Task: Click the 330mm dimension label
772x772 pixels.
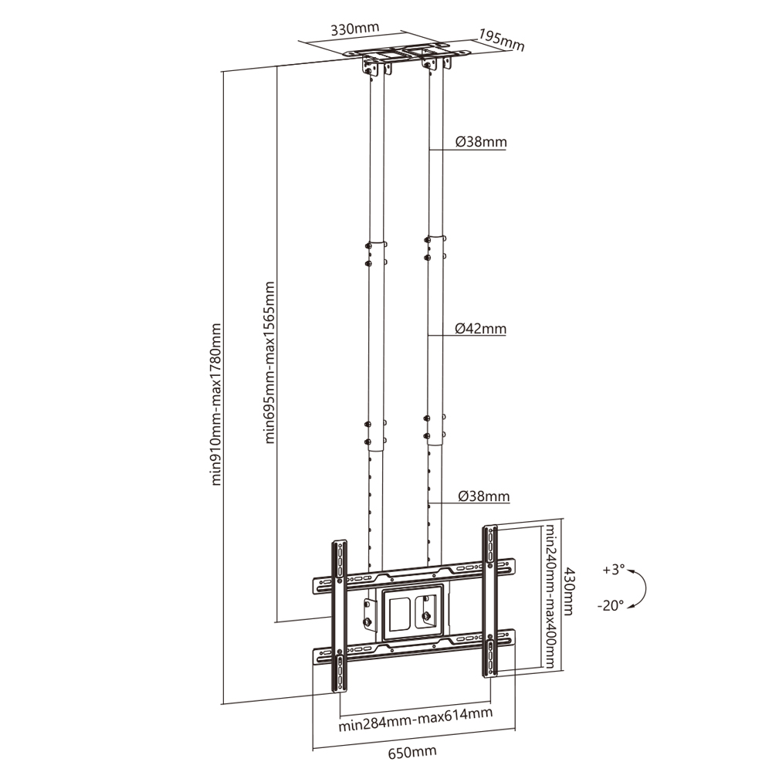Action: [x=354, y=29]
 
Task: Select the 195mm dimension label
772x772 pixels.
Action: [x=501, y=40]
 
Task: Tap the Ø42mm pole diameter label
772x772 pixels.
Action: [x=480, y=328]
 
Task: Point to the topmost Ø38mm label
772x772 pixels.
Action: [x=481, y=142]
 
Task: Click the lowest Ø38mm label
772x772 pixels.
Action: [x=483, y=496]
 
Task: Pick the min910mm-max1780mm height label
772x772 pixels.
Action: [x=215, y=405]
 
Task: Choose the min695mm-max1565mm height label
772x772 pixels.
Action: [x=269, y=362]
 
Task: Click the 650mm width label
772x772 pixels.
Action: [x=412, y=752]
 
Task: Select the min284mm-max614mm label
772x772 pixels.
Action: [x=415, y=720]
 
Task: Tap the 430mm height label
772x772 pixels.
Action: [x=569, y=591]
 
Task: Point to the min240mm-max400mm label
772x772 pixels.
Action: [x=550, y=596]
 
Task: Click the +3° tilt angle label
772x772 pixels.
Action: [x=614, y=570]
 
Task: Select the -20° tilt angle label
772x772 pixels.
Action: [x=611, y=605]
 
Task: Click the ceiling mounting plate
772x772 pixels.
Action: [x=407, y=51]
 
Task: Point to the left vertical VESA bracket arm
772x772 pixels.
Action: [x=339, y=616]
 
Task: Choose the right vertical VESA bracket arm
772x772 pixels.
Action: [x=490, y=601]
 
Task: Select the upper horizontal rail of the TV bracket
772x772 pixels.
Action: [x=414, y=576]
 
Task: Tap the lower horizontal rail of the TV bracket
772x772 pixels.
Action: [x=414, y=646]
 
